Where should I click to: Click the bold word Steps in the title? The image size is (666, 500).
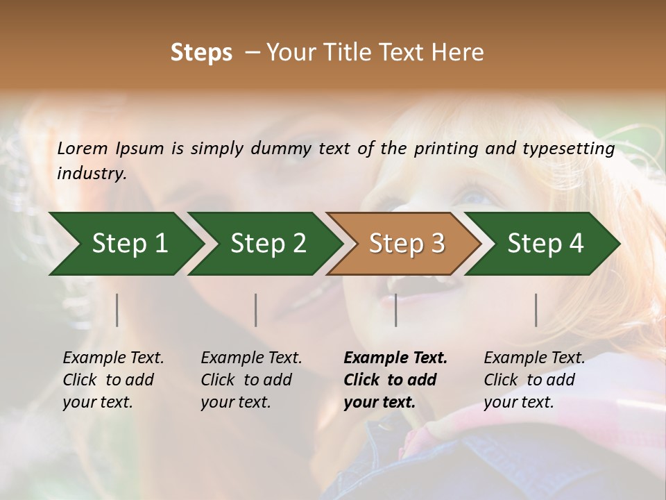pos(201,52)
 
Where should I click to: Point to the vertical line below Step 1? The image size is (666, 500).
pos(117,310)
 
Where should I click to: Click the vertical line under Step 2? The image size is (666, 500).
pos(256,310)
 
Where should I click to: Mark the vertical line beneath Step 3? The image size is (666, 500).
pos(396,310)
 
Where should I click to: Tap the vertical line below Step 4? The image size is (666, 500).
pos(536,310)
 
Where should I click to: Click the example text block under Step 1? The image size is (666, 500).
pos(113,380)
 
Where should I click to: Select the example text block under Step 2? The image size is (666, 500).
pos(251,380)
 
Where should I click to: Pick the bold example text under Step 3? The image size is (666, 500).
pos(395,380)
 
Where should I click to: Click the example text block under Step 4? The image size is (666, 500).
pos(534,380)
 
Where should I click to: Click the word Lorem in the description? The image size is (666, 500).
pos(83,148)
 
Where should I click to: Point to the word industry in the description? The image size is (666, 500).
pos(91,174)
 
